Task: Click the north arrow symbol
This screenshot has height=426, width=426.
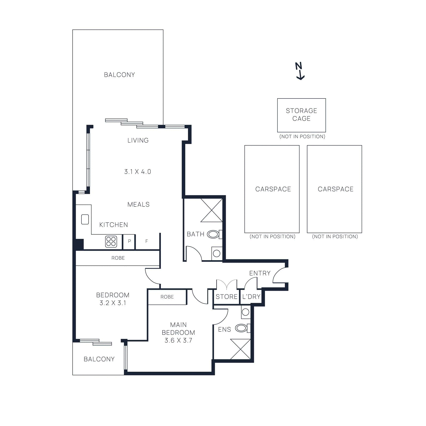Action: click(300, 71)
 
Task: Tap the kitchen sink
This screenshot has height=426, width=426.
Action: click(85, 219)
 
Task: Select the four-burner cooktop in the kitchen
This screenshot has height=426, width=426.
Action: click(111, 241)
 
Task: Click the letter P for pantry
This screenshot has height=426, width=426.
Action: click(129, 241)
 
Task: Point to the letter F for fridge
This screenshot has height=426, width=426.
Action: click(146, 241)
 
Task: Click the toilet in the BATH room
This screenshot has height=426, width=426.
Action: click(214, 234)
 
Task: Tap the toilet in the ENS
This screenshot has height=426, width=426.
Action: click(242, 328)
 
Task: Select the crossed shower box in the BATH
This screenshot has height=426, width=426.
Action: click(211, 210)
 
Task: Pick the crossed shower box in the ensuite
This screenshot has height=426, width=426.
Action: click(240, 349)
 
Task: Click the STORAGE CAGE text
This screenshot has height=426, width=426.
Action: click(301, 114)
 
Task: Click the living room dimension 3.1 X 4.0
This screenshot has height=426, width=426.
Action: click(138, 172)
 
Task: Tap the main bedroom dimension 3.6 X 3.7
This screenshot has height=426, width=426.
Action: click(178, 341)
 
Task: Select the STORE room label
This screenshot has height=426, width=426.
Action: click(226, 297)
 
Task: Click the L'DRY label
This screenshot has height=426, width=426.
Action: click(251, 297)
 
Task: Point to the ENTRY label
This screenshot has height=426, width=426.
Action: click(260, 273)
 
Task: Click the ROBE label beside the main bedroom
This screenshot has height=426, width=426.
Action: click(167, 297)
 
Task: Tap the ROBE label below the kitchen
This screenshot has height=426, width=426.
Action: click(118, 258)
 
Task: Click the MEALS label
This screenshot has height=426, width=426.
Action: click(138, 204)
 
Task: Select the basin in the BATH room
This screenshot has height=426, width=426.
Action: click(217, 253)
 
